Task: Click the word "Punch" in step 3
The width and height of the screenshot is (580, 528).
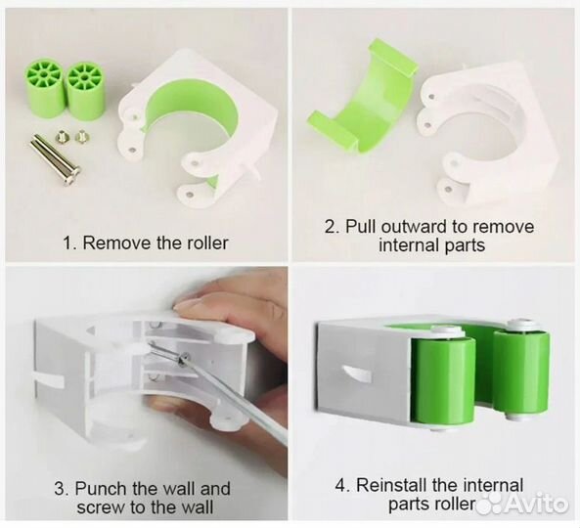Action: (100, 489)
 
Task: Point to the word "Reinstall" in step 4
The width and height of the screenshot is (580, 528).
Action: (397, 485)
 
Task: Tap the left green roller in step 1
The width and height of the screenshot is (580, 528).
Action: (46, 90)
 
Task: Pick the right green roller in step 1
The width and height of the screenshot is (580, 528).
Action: (85, 92)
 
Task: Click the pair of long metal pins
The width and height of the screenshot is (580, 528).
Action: (55, 160)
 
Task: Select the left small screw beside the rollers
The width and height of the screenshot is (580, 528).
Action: (60, 137)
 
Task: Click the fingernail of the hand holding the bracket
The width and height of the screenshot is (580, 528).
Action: (188, 303)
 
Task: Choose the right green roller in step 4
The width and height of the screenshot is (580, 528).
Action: (520, 371)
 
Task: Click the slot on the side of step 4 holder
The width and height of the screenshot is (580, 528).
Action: (355, 373)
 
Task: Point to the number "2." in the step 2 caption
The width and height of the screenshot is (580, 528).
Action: (332, 226)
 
